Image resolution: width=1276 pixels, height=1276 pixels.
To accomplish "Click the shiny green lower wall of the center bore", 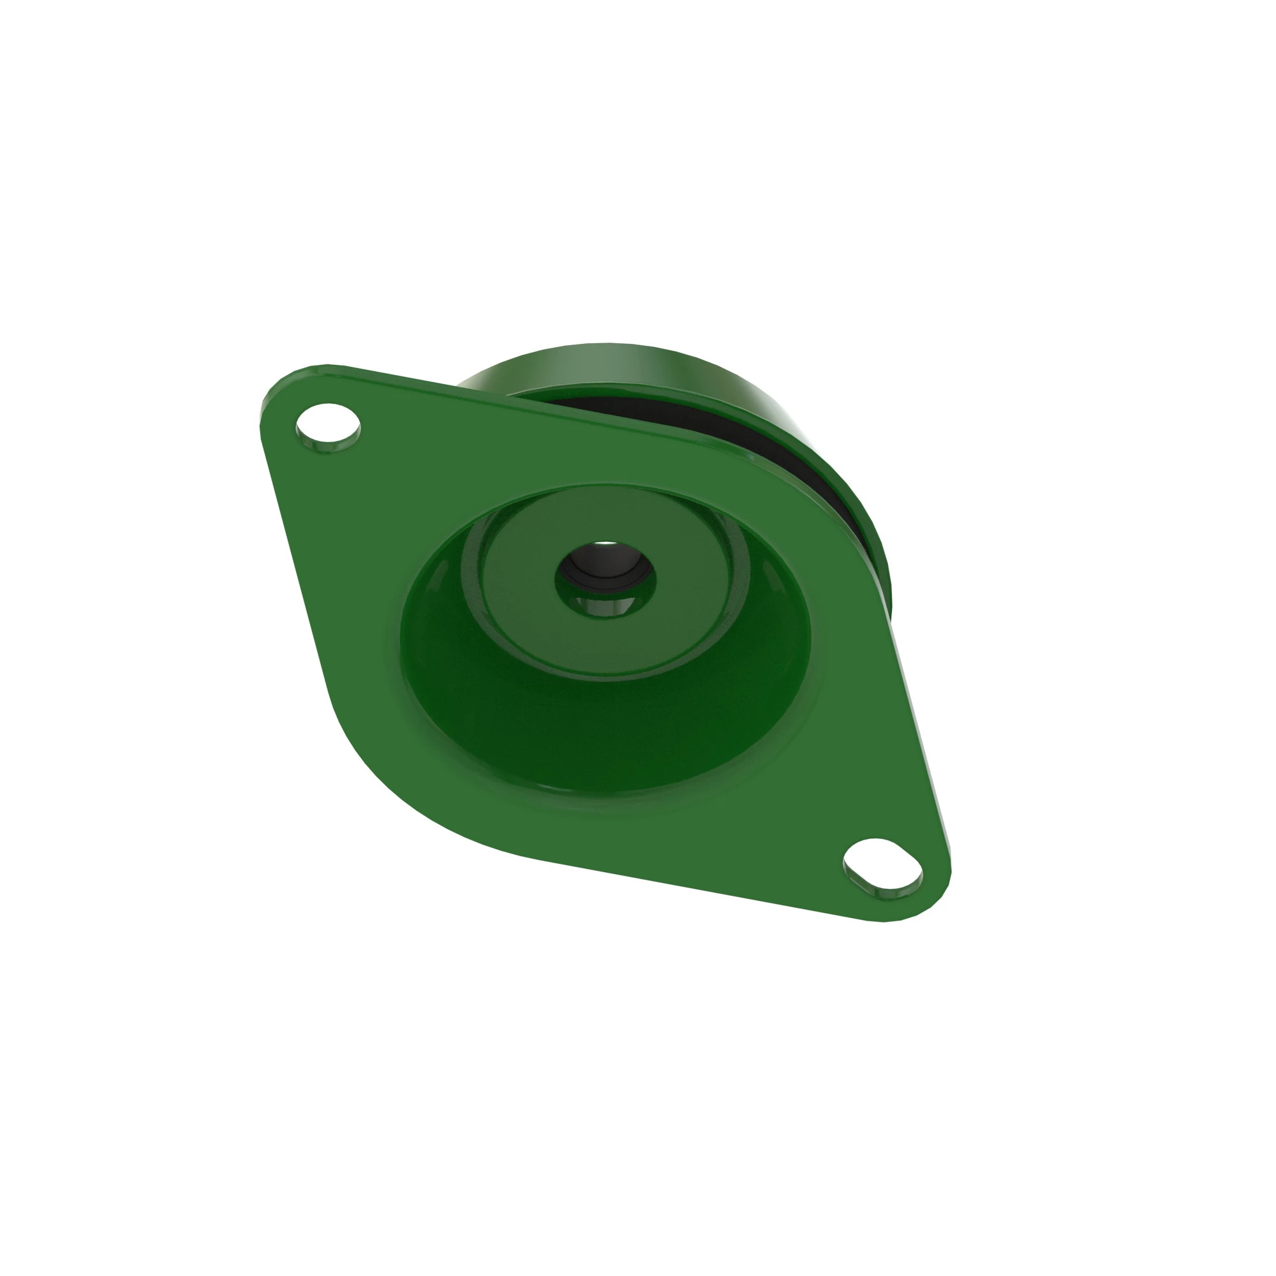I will point(604,604).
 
